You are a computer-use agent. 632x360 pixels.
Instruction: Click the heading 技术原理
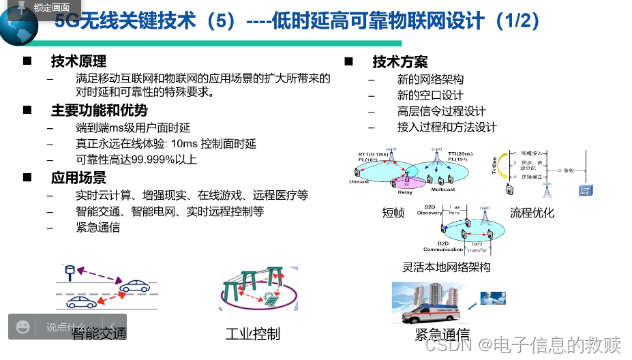pos(78,62)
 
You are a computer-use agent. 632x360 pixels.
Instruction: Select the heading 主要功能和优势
pos(99,110)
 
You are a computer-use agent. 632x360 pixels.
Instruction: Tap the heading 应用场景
pos(78,178)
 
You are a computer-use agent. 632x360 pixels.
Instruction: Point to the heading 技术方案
pos(400,62)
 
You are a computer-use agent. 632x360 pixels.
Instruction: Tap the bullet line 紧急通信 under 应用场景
pos(97,227)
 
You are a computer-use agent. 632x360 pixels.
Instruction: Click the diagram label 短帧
pos(393,213)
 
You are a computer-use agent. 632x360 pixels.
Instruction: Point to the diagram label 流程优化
pos(532,213)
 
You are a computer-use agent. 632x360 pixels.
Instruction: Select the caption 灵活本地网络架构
pos(446,267)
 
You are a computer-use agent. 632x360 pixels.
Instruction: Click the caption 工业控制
pos(252,334)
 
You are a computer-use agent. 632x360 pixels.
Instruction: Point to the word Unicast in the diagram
pos(359,182)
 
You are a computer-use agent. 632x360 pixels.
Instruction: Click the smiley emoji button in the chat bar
pos(22,327)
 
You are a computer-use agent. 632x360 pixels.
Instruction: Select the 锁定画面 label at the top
pos(51,7)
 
